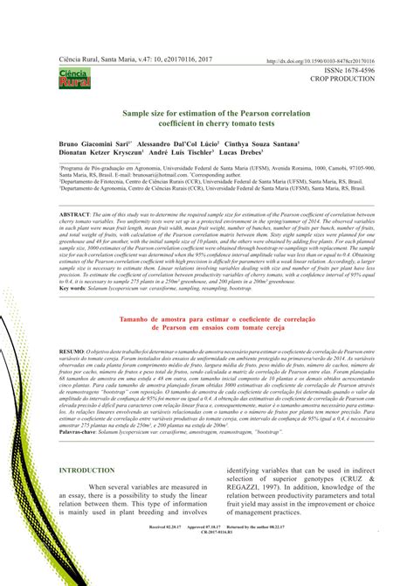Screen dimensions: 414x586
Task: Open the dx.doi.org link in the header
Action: tap(310, 62)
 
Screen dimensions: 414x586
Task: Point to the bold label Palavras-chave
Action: tap(81, 431)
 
